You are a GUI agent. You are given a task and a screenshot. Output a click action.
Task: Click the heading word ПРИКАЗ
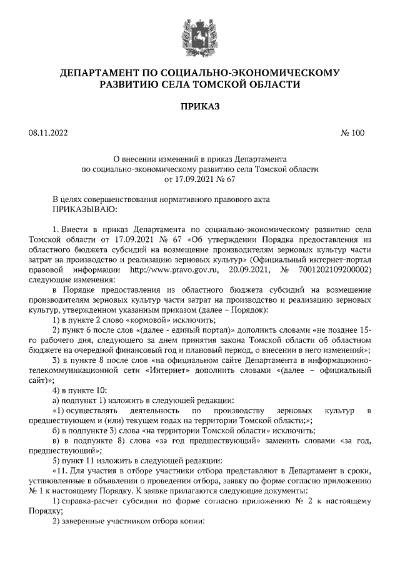click(x=200, y=107)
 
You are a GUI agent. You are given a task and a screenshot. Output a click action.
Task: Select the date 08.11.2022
click(x=47, y=133)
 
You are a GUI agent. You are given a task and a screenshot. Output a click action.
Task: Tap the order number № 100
click(x=352, y=133)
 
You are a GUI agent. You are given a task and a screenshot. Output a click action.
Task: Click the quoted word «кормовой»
click(x=131, y=319)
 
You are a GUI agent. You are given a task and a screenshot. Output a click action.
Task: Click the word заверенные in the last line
click(x=83, y=520)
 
